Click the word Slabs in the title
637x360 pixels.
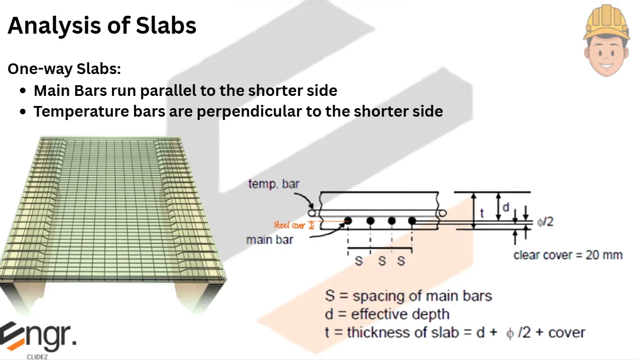point(166,25)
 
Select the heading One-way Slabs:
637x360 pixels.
point(64,68)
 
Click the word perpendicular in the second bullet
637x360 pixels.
point(249,112)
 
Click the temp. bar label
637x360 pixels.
point(274,184)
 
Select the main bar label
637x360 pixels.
point(270,240)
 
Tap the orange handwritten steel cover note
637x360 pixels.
point(289,225)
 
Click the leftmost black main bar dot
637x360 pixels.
point(348,220)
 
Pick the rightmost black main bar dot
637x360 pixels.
point(412,220)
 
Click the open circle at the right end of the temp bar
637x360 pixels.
point(443,213)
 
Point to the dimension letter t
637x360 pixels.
point(482,213)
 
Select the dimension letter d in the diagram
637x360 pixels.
point(506,207)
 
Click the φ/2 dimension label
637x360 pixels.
point(545,222)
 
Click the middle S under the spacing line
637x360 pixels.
point(382,261)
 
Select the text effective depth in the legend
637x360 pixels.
point(400,314)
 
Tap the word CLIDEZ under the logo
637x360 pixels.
point(37,357)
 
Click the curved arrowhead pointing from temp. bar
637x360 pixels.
point(310,206)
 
